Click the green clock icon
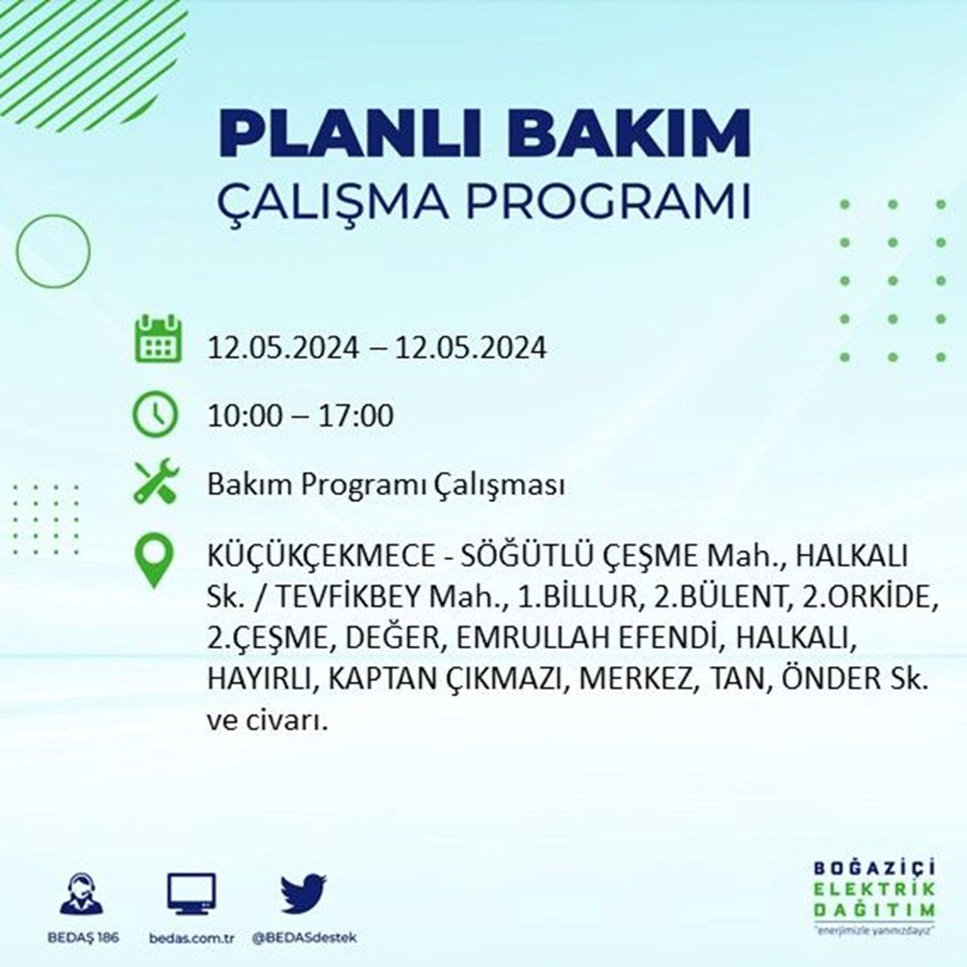tap(156, 415)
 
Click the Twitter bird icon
tap(303, 894)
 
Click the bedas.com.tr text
tap(191, 938)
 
